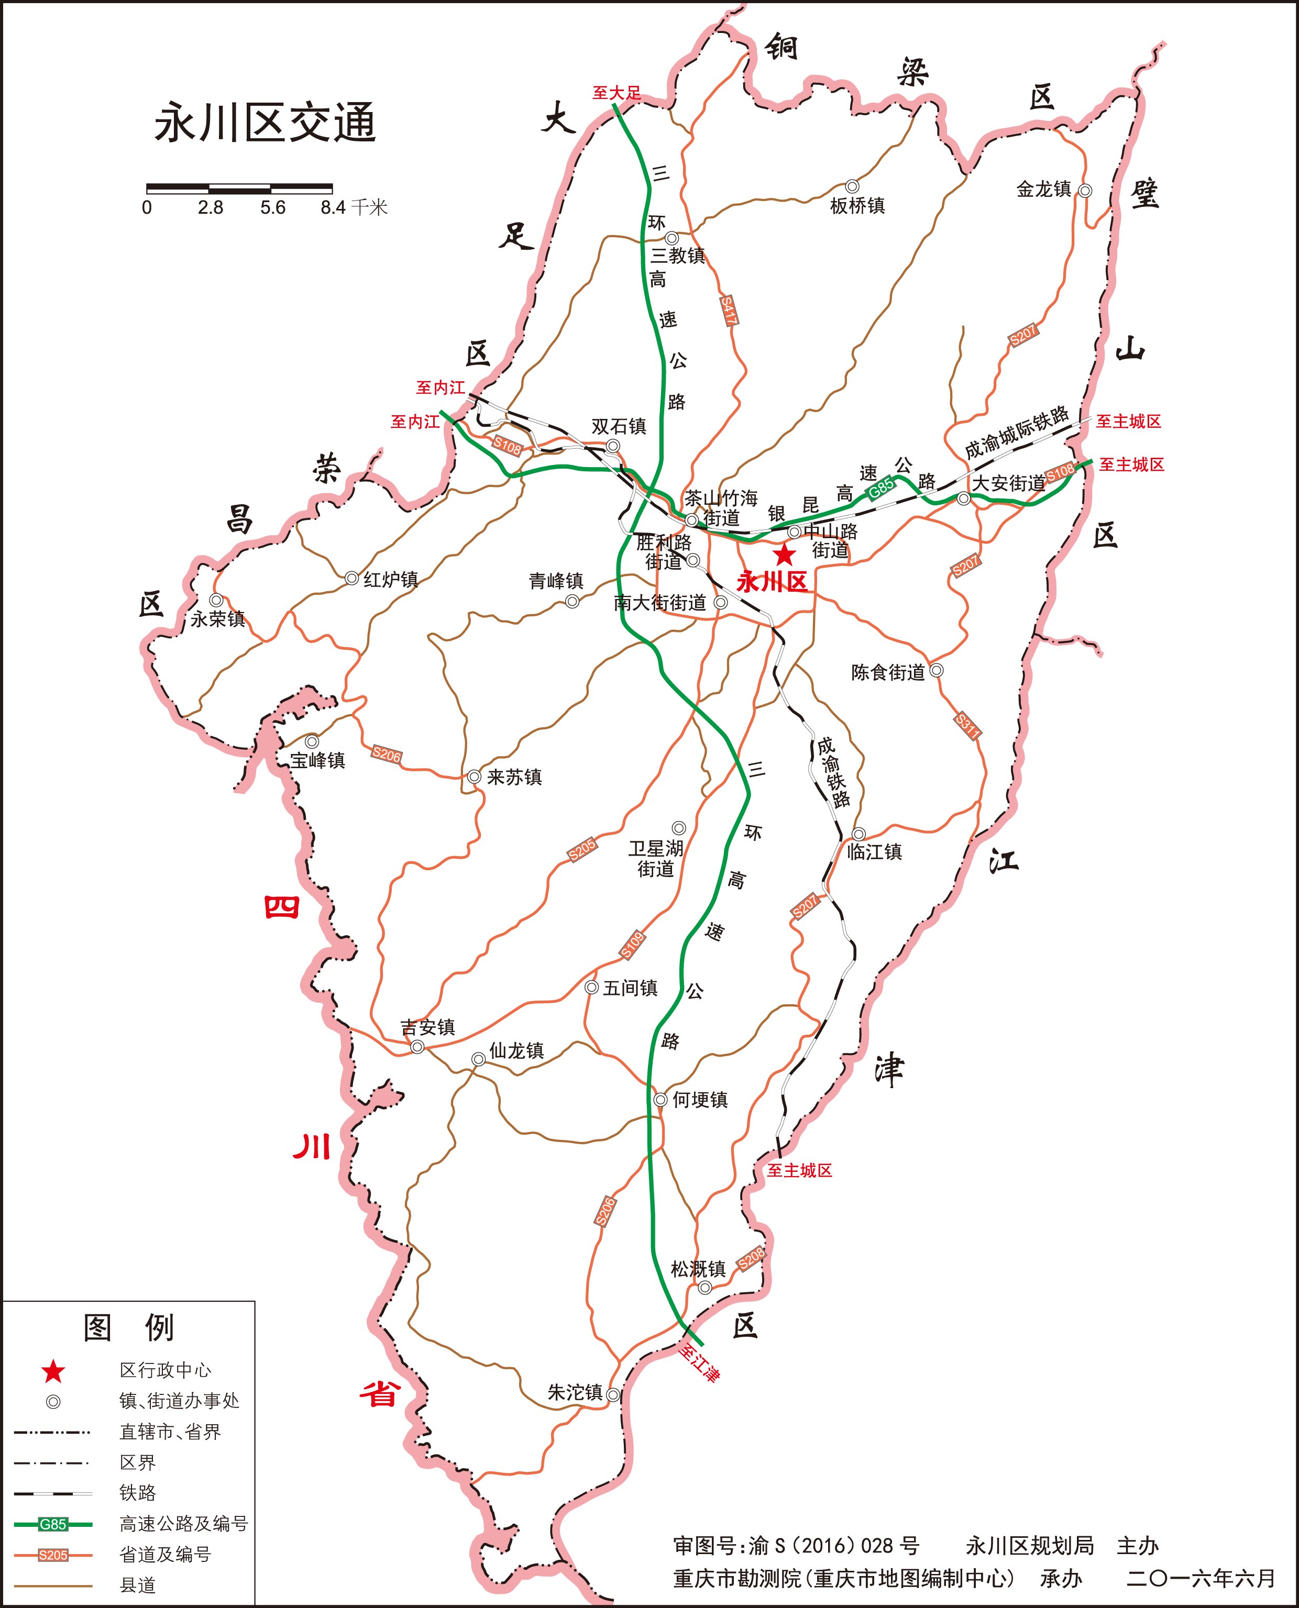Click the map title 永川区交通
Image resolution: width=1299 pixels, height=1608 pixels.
point(265,124)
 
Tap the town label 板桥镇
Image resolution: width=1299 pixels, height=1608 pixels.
point(857,206)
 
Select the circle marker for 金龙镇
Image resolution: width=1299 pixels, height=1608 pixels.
point(1084,191)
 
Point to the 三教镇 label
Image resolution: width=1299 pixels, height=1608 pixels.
point(678,256)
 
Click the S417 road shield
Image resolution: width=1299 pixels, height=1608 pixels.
point(728,310)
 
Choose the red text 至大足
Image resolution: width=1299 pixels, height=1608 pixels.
point(617,93)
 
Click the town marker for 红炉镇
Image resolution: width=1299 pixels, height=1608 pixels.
point(351,578)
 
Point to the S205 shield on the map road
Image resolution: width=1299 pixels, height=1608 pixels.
point(581,850)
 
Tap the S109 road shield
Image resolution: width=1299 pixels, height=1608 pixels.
point(632,945)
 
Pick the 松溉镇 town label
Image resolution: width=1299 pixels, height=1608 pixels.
point(698,1269)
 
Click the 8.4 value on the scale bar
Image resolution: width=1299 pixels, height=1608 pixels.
point(333,208)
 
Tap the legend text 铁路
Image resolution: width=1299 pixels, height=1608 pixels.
point(138,1493)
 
